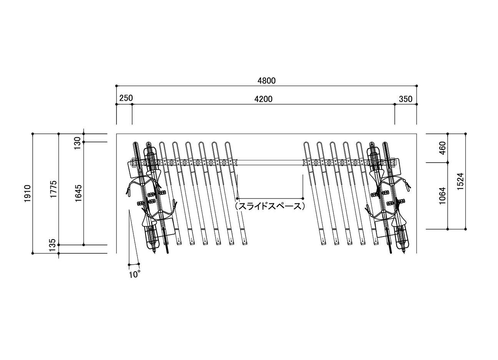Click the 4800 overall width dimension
(x=266, y=80)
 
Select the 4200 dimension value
(x=263, y=99)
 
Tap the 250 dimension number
(x=126, y=98)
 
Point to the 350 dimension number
(x=405, y=99)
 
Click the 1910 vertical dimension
(x=28, y=193)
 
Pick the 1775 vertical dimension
(x=53, y=189)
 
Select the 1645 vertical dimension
(x=78, y=193)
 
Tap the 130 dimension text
(x=77, y=143)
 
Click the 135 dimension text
(x=53, y=245)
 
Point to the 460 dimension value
(x=443, y=148)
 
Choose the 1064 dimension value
(x=443, y=196)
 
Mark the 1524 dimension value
(x=460, y=181)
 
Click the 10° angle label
(x=135, y=275)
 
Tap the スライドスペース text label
(x=270, y=206)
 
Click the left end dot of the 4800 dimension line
(x=116, y=86)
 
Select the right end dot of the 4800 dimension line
(x=417, y=86)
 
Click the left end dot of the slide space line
(x=237, y=198)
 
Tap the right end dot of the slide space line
(x=303, y=198)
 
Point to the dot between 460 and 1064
(x=448, y=163)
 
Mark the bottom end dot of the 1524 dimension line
(x=466, y=229)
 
